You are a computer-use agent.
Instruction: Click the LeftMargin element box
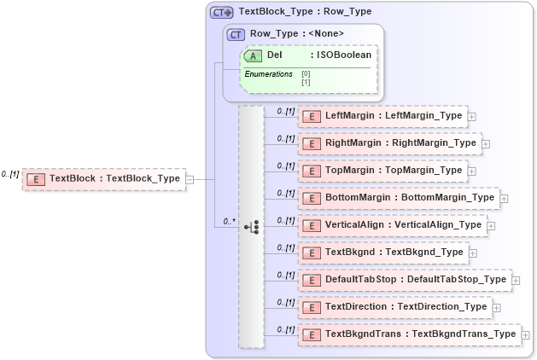pyautogui.click(x=382, y=116)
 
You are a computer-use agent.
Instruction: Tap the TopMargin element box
pyautogui.click(x=382, y=171)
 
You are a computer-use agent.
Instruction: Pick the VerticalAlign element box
pyautogui.click(x=393, y=225)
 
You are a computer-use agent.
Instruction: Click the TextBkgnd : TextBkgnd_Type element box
pyautogui.click(x=382, y=253)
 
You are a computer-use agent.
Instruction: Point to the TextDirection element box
pyautogui.click(x=395, y=307)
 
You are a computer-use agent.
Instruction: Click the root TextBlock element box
pyautogui.click(x=104, y=179)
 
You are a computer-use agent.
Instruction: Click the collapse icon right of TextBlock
pyautogui.click(x=190, y=179)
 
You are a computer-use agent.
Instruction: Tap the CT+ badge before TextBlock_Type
pyautogui.click(x=222, y=13)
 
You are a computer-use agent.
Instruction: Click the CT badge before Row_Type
pyautogui.click(x=236, y=34)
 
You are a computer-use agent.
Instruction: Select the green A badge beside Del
pyautogui.click(x=253, y=55)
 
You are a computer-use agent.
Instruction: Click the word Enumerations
pyautogui.click(x=268, y=75)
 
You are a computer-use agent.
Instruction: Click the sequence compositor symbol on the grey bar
pyautogui.click(x=252, y=227)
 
